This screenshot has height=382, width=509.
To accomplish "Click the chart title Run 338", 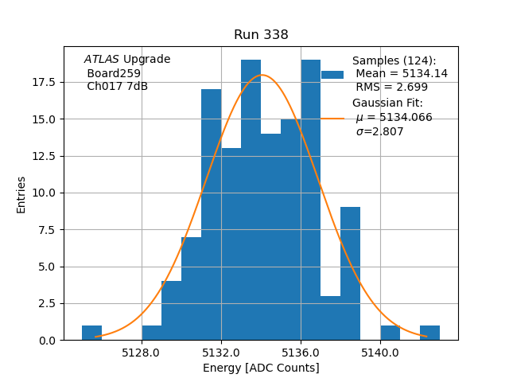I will tap(261, 35).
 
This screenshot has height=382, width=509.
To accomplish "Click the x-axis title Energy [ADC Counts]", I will tap(261, 368).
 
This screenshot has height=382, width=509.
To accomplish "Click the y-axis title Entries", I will tap(21, 194).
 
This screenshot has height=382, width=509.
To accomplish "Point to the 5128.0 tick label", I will tap(142, 352).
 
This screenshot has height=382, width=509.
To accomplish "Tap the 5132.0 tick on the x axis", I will tap(221, 352).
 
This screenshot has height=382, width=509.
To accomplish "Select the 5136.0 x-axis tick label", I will tap(301, 352).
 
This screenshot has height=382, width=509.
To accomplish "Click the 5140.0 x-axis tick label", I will tap(379, 352).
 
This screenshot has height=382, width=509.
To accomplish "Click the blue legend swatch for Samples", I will tap(332, 74).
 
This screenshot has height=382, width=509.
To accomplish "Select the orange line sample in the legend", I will tap(332, 118).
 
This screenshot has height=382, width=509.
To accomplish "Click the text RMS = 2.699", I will tap(391, 88).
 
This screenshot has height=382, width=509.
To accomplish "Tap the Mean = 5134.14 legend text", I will tap(402, 73).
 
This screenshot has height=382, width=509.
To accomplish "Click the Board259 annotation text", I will tap(114, 73).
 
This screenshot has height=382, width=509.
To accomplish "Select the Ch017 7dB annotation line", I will tap(117, 86).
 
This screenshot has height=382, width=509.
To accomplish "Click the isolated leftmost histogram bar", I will tap(92, 333).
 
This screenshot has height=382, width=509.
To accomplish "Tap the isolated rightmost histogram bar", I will tap(429, 333).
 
